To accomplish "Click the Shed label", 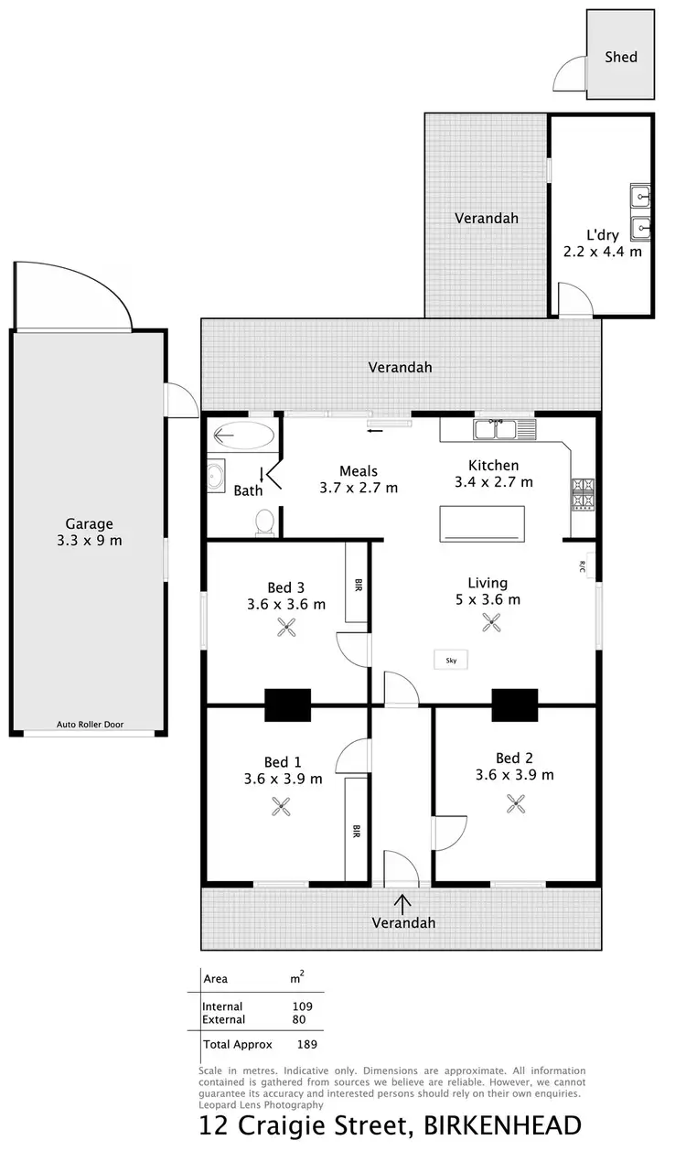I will click(x=620, y=57).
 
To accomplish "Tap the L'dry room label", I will click(x=603, y=242).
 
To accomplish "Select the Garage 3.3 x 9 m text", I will click(x=89, y=532).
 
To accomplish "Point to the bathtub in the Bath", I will click(x=242, y=436).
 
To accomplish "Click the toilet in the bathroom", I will click(x=264, y=522).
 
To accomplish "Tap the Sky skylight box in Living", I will click(x=451, y=659).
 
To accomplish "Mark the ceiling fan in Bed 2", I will click(x=516, y=803).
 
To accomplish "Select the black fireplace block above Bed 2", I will click(x=515, y=705).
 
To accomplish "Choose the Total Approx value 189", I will click(x=307, y=1043).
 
